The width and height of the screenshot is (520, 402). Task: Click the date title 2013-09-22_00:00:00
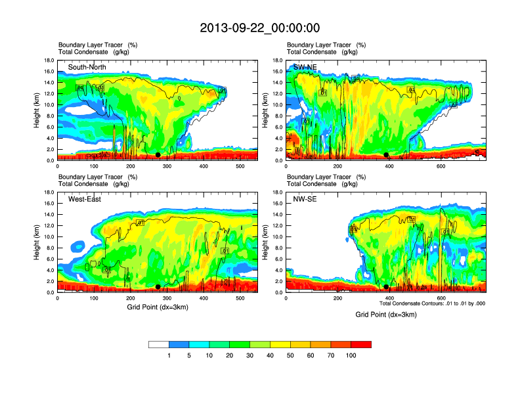(260, 28)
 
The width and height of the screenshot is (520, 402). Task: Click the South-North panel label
(87, 67)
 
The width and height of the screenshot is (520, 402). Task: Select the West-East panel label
(85, 200)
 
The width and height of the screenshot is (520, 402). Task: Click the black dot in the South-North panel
(158, 155)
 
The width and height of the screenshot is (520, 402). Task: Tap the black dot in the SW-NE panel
(386, 155)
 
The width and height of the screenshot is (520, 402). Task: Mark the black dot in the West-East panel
(158, 287)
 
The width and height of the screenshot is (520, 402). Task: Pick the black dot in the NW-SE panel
(386, 287)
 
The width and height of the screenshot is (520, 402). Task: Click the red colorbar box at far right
(361, 344)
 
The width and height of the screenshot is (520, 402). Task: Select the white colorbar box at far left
(159, 344)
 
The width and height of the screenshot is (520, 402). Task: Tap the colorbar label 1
(169, 355)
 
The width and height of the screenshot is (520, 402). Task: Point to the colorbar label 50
(291, 355)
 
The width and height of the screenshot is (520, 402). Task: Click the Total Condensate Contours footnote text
(432, 303)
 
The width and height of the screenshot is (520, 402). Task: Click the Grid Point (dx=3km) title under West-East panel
(157, 307)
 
